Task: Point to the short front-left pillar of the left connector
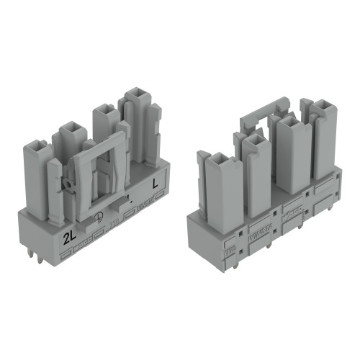[x=55, y=187]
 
